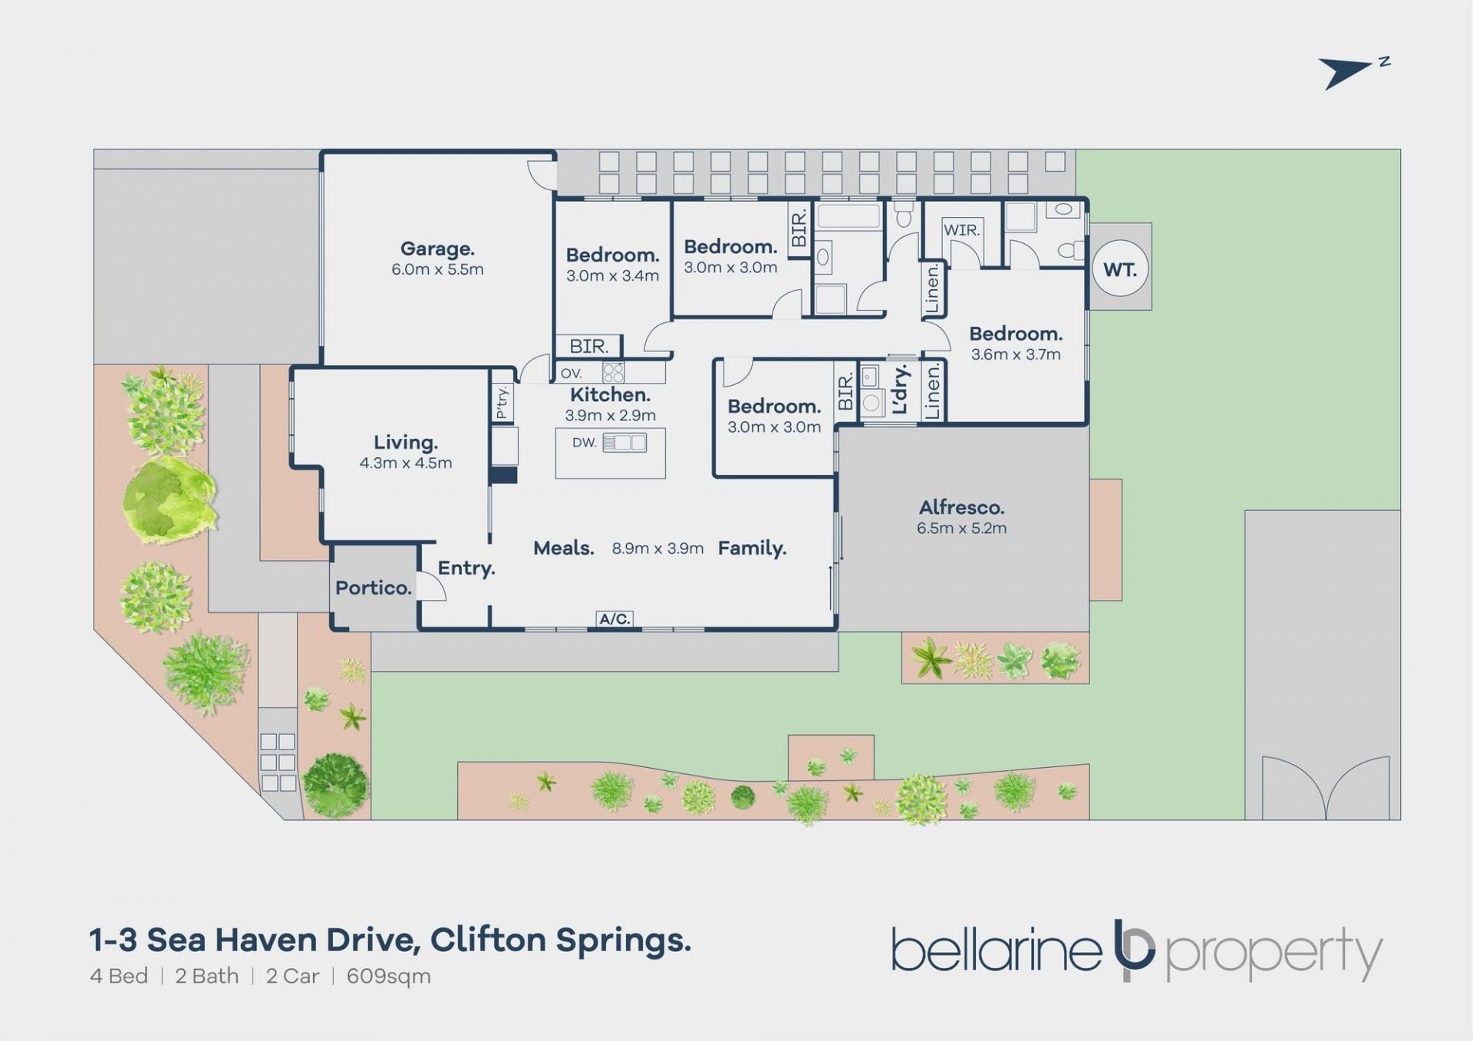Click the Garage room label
pos(437,249)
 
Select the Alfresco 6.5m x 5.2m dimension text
pos(961,528)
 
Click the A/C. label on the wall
pos(615,618)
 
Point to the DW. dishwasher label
pos(584,443)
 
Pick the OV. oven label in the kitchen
pos(572,374)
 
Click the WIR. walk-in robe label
pos(961,229)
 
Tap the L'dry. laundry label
pos(901,389)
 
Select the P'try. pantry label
pos(502,403)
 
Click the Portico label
pos(374,588)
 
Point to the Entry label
pos(466,568)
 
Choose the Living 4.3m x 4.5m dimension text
pos(406,463)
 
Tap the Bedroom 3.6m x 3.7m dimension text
pos(1016,354)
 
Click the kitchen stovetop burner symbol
pos(613,373)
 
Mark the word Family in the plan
pos(752,549)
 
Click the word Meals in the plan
pos(564,548)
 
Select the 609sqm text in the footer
pos(389,977)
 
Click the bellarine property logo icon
pos(1134,950)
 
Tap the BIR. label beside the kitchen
pos(589,347)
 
